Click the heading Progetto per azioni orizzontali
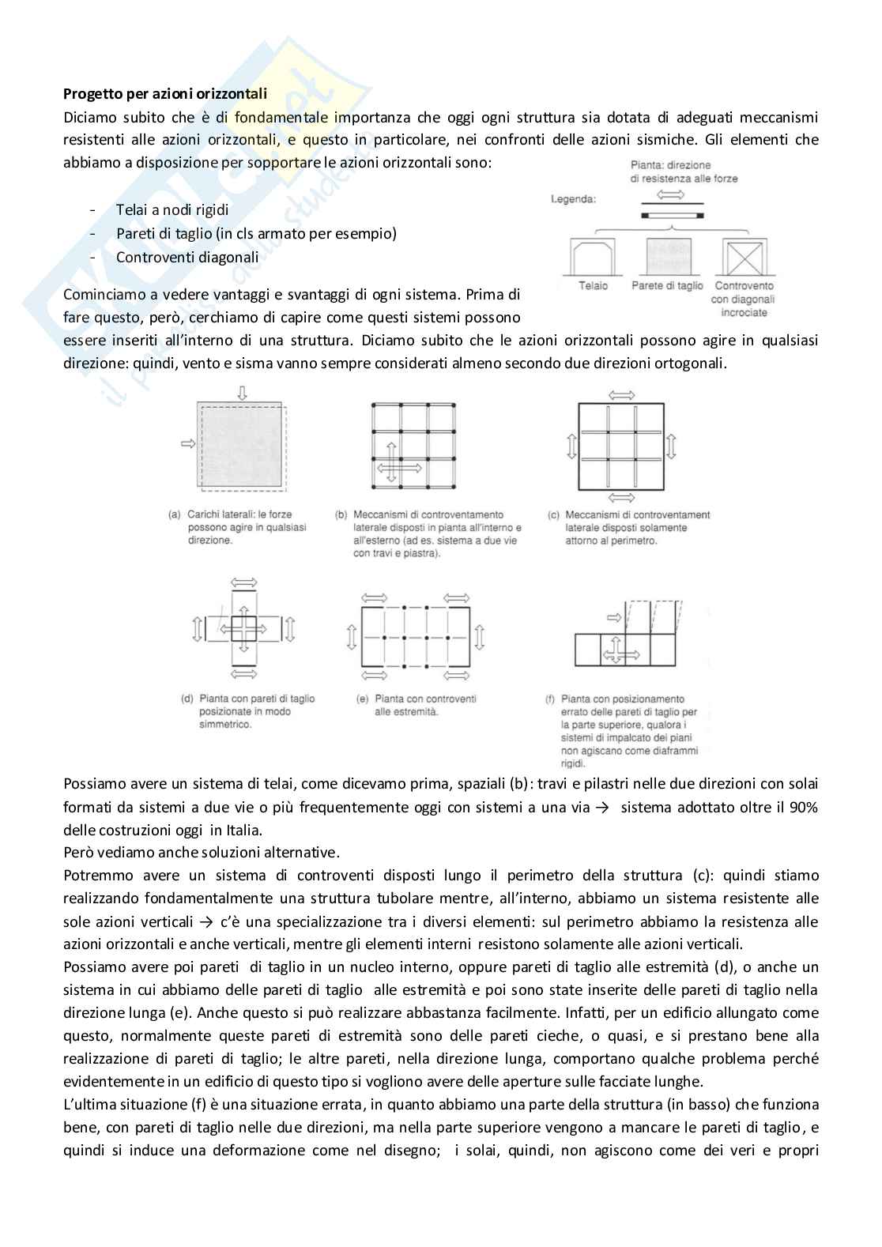165,94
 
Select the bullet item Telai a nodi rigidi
172,210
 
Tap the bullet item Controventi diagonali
187,257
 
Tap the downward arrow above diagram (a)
242,392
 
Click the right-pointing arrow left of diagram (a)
187,445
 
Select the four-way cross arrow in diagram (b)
400,468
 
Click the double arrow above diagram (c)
623,394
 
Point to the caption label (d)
187,699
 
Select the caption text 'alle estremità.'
407,711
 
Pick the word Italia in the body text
243,831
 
